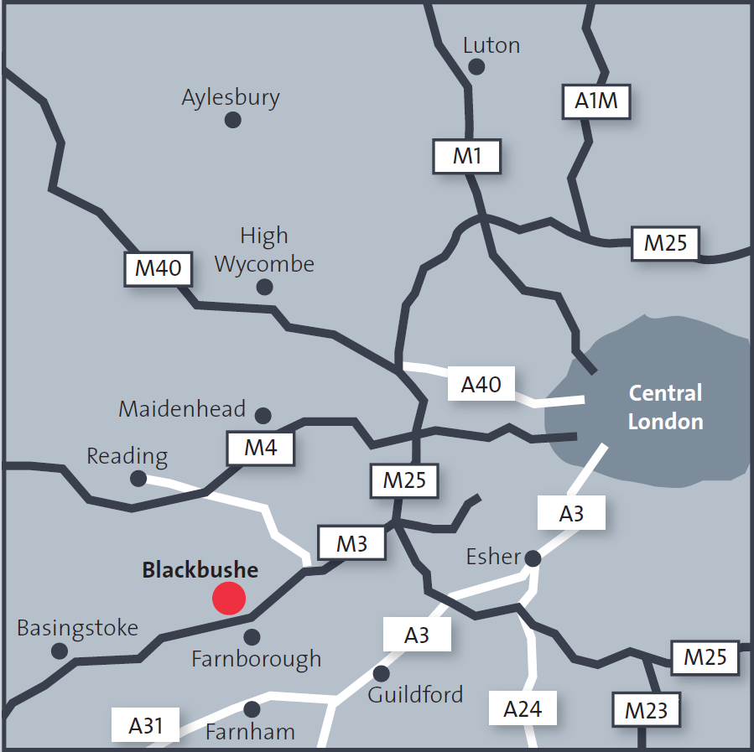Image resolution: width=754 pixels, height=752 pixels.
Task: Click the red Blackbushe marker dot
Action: click(229, 599)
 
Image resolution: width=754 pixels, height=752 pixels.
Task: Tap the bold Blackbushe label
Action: click(200, 571)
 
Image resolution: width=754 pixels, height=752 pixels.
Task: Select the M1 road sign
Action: click(467, 156)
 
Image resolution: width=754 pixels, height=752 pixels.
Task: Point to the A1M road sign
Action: click(595, 101)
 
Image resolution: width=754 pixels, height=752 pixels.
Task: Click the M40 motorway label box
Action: click(158, 268)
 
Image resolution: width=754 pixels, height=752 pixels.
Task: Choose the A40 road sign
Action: click(481, 384)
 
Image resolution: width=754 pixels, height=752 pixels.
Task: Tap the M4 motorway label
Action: click(261, 448)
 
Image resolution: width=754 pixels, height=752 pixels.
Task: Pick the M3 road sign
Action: click(352, 543)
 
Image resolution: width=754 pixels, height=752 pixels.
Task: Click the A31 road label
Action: click(146, 724)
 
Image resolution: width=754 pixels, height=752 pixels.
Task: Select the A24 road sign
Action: click(523, 709)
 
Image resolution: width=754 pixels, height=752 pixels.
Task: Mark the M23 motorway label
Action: click(646, 712)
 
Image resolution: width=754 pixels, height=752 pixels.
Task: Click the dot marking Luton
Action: click(476, 66)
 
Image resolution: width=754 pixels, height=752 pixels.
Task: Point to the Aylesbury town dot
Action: click(233, 120)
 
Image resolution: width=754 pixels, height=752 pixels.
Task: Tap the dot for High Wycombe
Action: click(265, 287)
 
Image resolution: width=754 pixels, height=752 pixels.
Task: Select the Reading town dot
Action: click(138, 479)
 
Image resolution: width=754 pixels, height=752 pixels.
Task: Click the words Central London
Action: click(665, 407)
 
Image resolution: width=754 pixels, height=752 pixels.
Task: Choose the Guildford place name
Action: click(415, 694)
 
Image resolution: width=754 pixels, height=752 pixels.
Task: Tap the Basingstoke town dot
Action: click(60, 651)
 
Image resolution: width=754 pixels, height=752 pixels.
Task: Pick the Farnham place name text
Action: click(250, 731)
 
